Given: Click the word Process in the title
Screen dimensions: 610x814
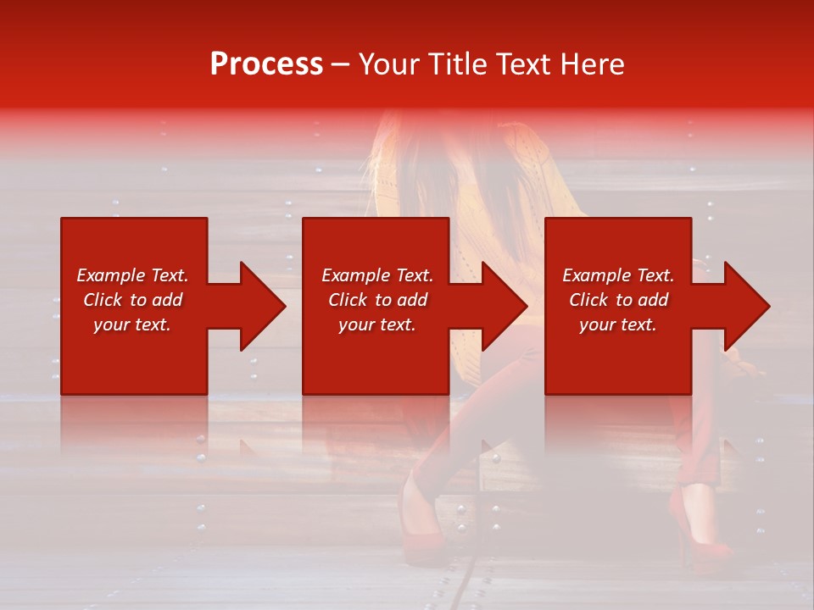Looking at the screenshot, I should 266,64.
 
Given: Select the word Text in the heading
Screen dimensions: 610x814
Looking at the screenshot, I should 522,64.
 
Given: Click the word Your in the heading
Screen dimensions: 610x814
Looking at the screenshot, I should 390,64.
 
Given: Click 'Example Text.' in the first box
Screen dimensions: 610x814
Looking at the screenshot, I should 133,275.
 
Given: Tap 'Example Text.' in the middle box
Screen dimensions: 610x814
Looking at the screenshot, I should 377,275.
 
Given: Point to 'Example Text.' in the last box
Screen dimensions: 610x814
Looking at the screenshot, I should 618,275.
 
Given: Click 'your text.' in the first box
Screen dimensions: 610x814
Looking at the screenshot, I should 132,324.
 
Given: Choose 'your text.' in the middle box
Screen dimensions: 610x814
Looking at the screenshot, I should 377,324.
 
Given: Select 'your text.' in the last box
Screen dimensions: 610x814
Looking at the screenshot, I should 618,324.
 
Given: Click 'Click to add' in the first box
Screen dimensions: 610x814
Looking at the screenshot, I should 133,300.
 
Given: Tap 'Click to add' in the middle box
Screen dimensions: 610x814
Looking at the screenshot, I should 377,300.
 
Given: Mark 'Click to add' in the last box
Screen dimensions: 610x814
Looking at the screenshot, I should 618,300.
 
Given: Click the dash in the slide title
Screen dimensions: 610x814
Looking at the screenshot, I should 341,65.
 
